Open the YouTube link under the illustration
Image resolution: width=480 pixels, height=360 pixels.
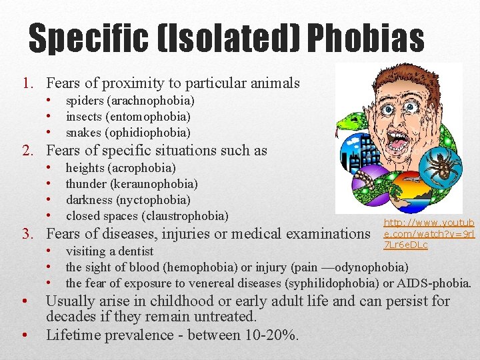pos(429,233)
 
